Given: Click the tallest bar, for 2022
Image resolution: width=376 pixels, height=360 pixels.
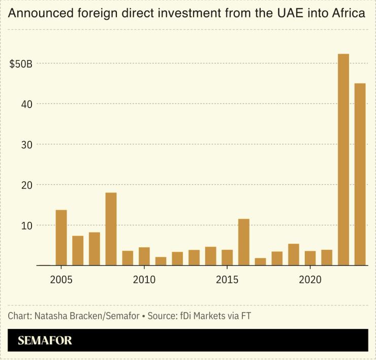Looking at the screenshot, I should pos(343,159).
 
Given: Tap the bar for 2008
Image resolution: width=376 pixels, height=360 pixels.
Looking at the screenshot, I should pos(111,229).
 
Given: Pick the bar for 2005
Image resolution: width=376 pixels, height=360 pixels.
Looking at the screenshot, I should pos(61,238).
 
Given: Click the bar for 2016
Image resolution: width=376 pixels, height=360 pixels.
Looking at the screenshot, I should pos(244,242).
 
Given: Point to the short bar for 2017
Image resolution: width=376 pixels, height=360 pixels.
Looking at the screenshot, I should pos(260,261).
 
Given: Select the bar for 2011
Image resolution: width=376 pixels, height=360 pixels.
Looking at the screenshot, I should pos(161,261).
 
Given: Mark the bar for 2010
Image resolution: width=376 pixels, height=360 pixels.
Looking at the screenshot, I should pos(144,256).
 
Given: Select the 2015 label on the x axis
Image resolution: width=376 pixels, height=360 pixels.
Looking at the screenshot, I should pos(227,280).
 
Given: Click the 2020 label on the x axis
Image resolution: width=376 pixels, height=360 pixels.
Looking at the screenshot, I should pos(310,280).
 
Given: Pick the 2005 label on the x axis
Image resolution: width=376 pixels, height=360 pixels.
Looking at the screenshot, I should pos(61,280).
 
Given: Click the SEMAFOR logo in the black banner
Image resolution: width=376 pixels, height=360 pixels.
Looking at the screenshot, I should pos(45,341).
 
